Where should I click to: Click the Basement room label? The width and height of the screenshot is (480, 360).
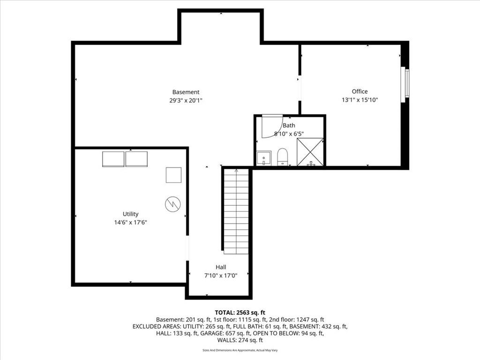[186, 92]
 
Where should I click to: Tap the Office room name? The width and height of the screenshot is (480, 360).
[360, 91]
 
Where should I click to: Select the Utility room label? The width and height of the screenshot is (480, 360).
[130, 214]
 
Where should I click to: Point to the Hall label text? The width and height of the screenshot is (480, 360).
[221, 267]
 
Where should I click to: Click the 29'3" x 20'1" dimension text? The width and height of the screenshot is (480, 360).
[186, 100]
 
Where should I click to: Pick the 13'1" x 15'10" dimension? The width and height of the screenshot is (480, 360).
[360, 100]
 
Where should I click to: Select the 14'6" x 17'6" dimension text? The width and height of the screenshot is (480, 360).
[130, 223]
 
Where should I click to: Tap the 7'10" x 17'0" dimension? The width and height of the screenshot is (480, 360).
[221, 276]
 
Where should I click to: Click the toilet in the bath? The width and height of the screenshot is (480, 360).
[282, 157]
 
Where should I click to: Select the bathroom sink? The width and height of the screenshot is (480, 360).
[263, 158]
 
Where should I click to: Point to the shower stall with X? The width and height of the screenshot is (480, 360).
[310, 152]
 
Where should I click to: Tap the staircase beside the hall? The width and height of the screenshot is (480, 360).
[236, 211]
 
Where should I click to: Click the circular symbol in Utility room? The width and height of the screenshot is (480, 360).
[172, 204]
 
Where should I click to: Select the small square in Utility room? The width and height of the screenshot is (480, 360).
[173, 175]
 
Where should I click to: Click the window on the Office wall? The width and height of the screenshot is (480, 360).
[405, 84]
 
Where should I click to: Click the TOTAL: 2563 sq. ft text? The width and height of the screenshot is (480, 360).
[240, 313]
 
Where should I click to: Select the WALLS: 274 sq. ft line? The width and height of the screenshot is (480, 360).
[240, 340]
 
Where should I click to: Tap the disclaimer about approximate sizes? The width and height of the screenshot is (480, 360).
[240, 350]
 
